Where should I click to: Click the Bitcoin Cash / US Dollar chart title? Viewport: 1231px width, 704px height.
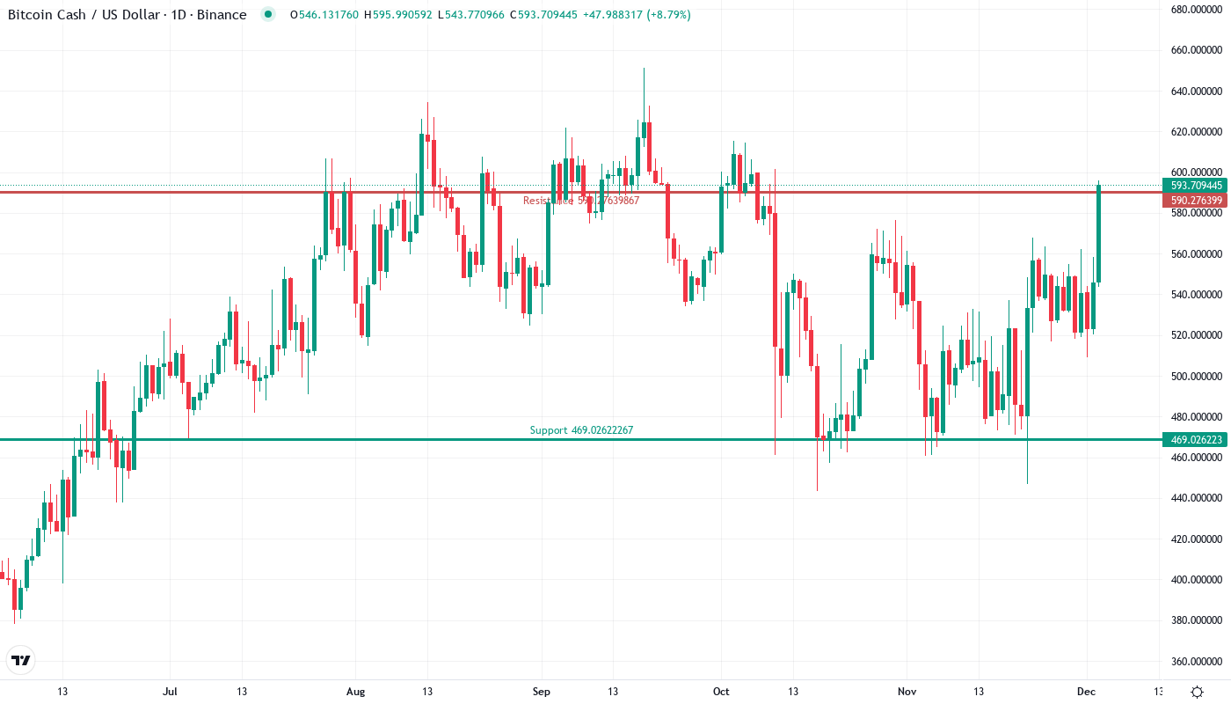click(x=127, y=14)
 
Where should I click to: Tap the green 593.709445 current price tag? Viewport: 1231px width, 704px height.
click(x=1196, y=186)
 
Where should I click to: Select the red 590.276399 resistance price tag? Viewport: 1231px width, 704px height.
click(x=1196, y=201)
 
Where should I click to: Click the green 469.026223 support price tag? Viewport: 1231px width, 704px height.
click(x=1196, y=440)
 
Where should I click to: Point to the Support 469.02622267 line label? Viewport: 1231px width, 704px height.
click(x=581, y=430)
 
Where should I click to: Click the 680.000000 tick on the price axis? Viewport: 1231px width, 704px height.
click(x=1197, y=10)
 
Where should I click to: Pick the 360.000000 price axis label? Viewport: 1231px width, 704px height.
click(x=1197, y=661)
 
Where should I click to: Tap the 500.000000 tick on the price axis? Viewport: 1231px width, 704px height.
click(x=1197, y=376)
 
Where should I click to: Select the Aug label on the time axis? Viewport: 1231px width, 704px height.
click(x=355, y=692)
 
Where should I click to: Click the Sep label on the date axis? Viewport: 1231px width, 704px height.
click(x=542, y=692)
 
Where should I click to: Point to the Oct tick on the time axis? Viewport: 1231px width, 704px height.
click(x=722, y=692)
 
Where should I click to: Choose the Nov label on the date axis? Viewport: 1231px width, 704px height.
click(x=907, y=692)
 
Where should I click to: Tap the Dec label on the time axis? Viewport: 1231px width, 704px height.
click(x=1087, y=692)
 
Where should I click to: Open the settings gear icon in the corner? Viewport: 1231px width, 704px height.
click(x=1197, y=692)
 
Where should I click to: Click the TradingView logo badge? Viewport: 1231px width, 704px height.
click(x=21, y=660)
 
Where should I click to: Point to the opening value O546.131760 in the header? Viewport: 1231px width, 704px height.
click(x=323, y=15)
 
